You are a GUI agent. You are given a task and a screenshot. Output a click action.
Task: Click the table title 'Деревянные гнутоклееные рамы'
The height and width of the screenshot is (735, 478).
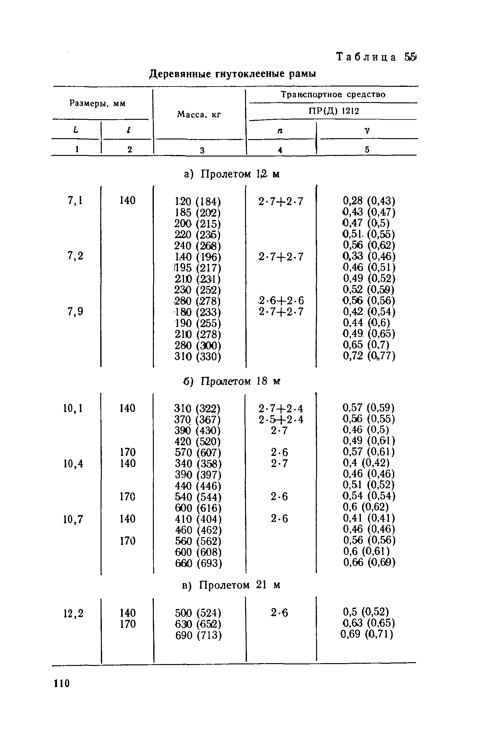[233, 74]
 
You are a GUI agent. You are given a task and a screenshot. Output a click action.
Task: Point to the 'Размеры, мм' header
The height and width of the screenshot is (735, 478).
[97, 104]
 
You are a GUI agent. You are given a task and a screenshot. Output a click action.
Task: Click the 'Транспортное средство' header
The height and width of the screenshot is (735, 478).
[333, 95]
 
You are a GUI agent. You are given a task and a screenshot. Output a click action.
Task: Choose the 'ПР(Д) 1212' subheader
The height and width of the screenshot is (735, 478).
[334, 111]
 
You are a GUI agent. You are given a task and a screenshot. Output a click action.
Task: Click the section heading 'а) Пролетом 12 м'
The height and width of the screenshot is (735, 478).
[232, 174]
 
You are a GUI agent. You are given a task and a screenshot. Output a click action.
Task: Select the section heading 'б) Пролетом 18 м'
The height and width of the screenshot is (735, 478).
[232, 381]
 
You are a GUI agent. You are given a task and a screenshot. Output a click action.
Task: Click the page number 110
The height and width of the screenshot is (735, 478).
[62, 683]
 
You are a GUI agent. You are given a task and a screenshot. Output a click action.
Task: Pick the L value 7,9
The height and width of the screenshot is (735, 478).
[75, 311]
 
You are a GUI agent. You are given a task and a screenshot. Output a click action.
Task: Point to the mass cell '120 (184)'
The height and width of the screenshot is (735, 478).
[198, 201]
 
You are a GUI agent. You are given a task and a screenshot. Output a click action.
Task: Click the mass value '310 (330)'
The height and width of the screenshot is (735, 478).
[198, 356]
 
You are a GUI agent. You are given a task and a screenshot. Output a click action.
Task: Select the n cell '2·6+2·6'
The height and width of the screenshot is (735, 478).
[281, 301]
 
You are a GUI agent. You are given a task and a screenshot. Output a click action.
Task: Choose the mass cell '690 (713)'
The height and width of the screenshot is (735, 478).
[198, 635]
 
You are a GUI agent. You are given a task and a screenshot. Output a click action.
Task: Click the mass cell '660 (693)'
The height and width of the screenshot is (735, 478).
[198, 563]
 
